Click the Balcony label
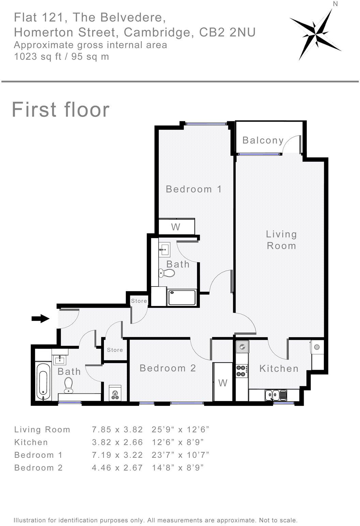[263, 140]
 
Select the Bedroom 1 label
[194, 189]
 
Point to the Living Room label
[281, 240]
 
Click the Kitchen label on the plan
[279, 368]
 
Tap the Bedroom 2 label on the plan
[168, 368]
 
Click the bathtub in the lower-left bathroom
[43, 382]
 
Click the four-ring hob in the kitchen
[242, 371]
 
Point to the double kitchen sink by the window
[276, 395]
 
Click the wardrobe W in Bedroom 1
[176, 227]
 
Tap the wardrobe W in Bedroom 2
[223, 383]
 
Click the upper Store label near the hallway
[139, 301]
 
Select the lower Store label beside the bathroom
[115, 350]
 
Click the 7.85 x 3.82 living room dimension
[117, 430]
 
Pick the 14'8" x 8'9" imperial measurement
[178, 468]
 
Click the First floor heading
[61, 110]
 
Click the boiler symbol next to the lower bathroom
[115, 393]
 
